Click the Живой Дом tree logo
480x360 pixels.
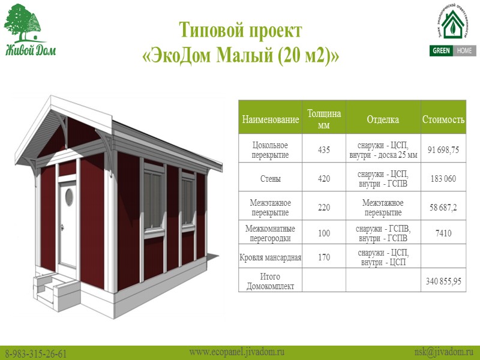pyautogui.click(x=29, y=30)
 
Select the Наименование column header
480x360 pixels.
pyautogui.click(x=270, y=120)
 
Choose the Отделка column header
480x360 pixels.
pyautogui.click(x=383, y=120)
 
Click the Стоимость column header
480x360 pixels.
pyautogui.click(x=443, y=120)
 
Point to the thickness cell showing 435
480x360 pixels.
pyautogui.click(x=324, y=150)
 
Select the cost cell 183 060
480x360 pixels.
pyautogui.click(x=443, y=179)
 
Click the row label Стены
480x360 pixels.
pyautogui.click(x=270, y=179)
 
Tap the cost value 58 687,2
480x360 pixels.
pyautogui.click(x=443, y=208)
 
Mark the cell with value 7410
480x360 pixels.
pyautogui.click(x=443, y=233)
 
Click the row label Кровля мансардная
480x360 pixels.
pyautogui.click(x=270, y=257)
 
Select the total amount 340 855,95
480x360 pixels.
pyautogui.click(x=443, y=281)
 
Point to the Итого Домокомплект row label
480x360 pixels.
pyautogui.click(x=270, y=281)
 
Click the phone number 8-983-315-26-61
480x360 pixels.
pyautogui.click(x=36, y=353)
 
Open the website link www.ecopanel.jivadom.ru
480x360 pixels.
pyautogui.click(x=236, y=352)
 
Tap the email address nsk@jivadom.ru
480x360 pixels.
pyautogui.click(x=444, y=352)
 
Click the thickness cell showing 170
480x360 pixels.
pyautogui.click(x=324, y=257)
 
